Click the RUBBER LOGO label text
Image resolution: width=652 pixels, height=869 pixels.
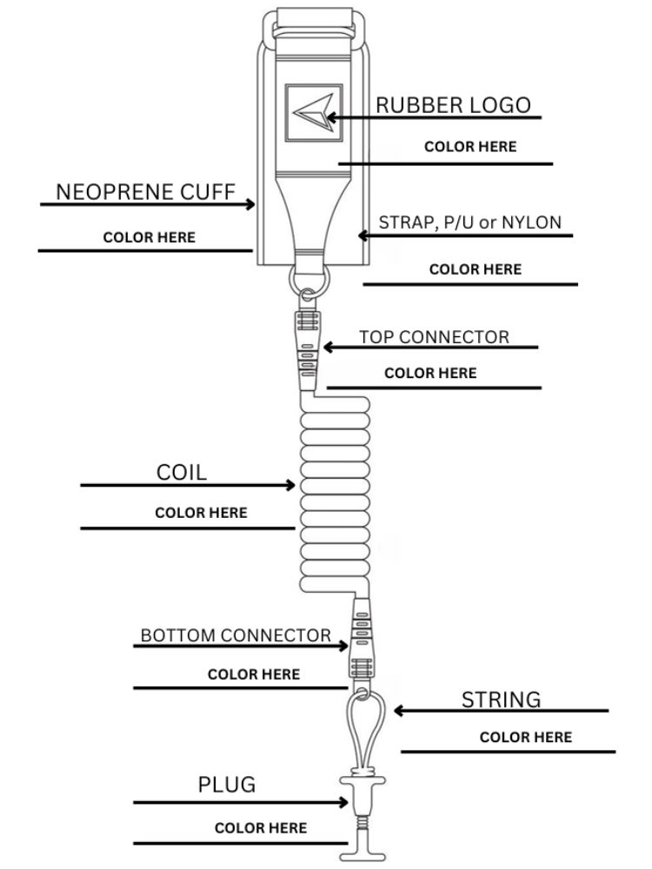coord(452,105)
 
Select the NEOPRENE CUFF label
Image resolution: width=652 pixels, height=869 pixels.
coord(146,193)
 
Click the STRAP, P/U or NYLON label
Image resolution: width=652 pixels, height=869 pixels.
coord(469,222)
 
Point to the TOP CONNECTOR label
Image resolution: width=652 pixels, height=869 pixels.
coord(435,337)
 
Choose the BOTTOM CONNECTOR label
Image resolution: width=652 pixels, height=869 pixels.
coord(236,636)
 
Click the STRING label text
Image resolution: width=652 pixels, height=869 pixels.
coord(501,700)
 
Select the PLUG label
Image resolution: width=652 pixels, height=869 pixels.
coord(227,786)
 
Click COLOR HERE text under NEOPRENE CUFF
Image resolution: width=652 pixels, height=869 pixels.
coord(149,237)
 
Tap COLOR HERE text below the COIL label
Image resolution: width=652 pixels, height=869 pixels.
coord(201,513)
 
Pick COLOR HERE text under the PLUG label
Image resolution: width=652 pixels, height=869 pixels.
coord(261,828)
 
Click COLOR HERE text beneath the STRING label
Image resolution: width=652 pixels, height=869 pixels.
coord(526,738)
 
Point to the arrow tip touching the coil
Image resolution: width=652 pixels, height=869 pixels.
coord(293,485)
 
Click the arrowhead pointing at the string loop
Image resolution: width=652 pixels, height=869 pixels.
coord(398,711)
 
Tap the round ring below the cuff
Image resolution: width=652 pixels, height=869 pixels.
coord(307,277)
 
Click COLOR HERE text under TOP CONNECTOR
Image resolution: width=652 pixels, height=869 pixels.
coord(430,374)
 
